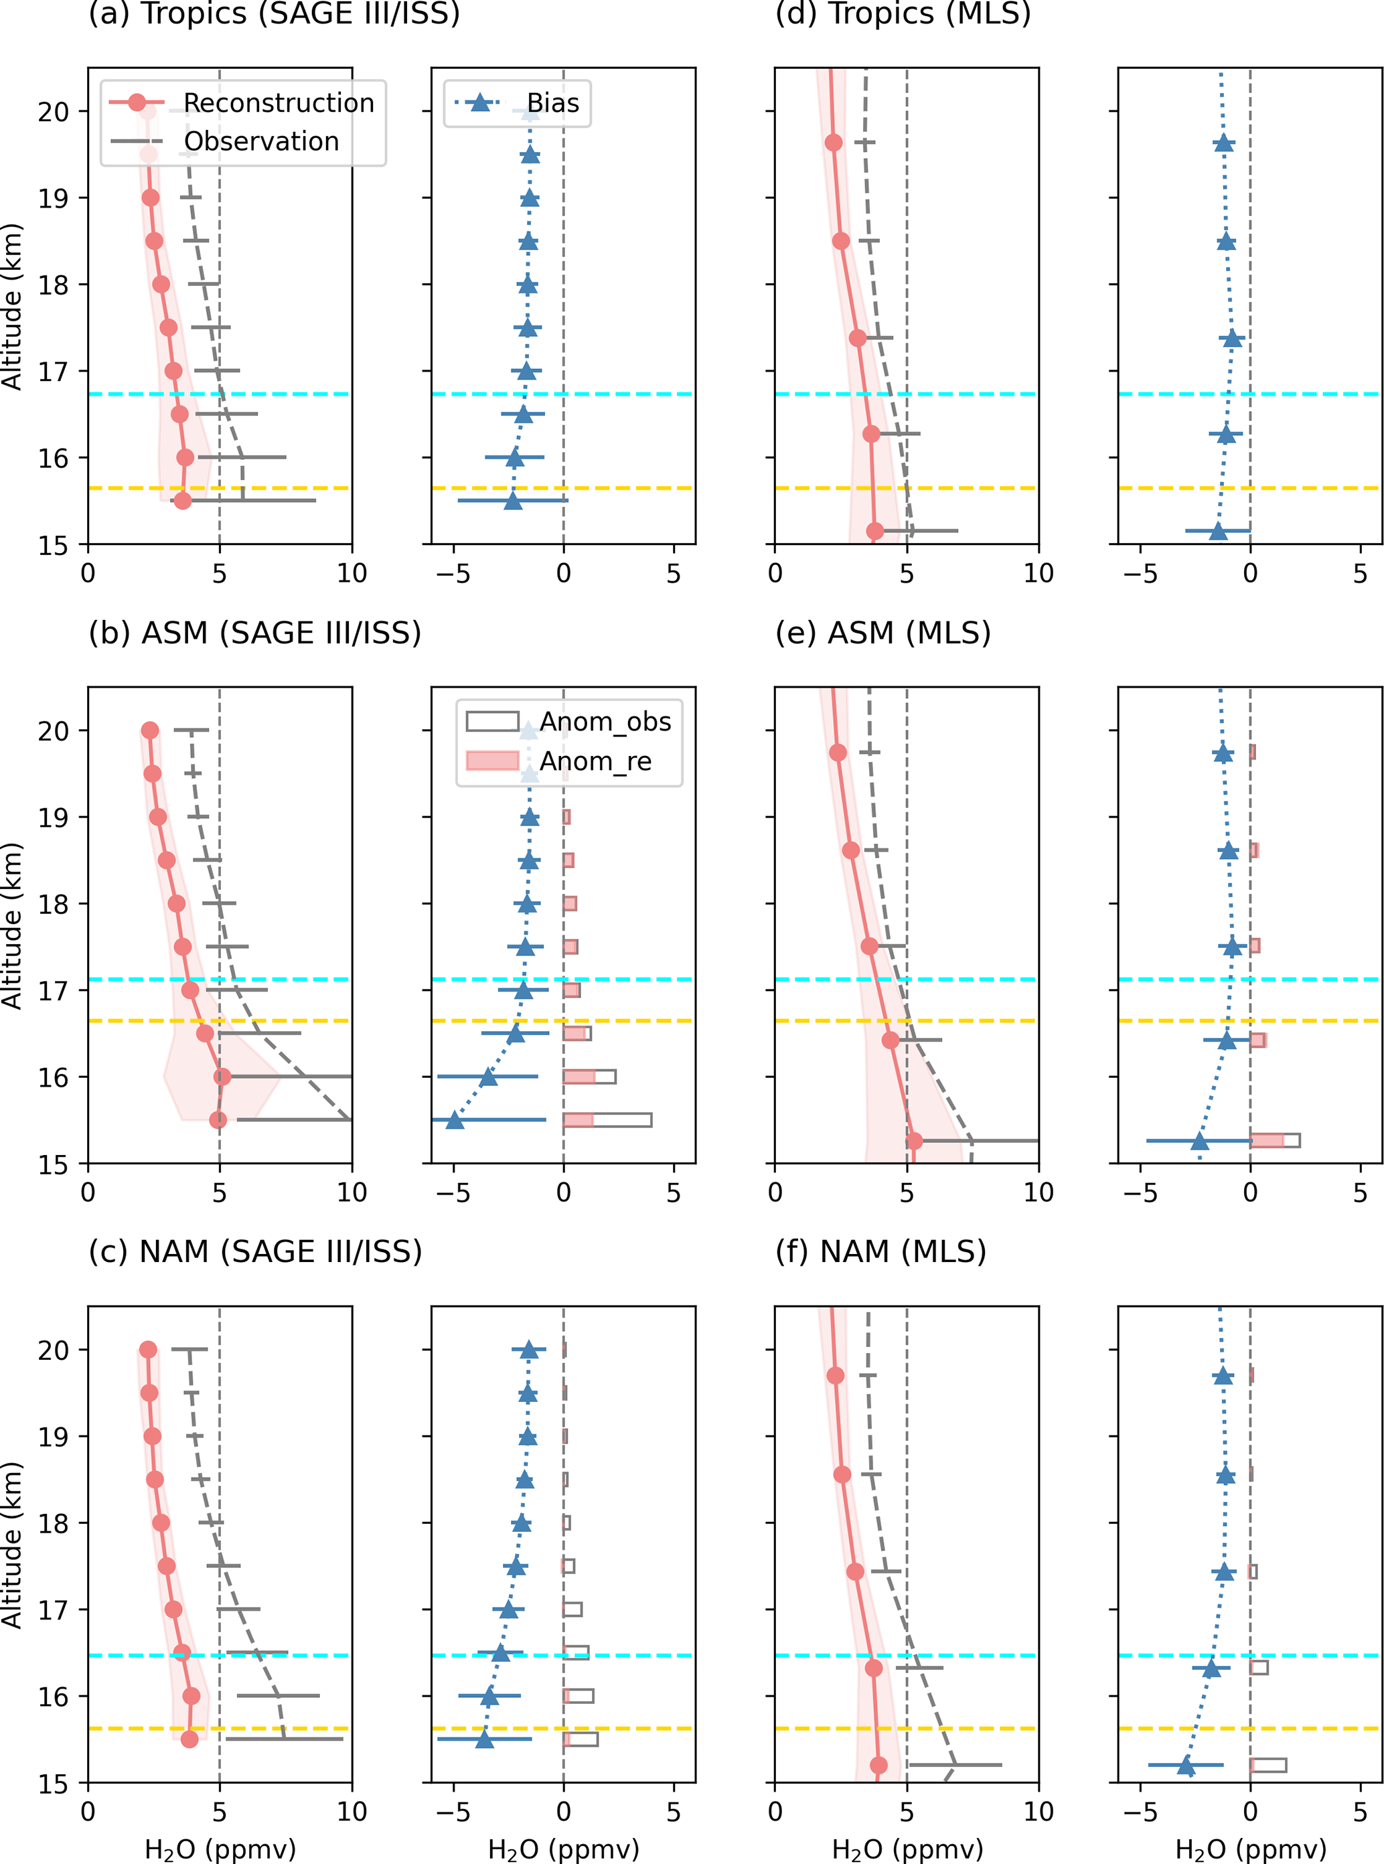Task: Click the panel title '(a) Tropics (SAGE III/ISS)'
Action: tap(274, 14)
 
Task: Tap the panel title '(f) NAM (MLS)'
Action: tap(880, 1251)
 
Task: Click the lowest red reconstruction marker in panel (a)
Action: tap(183, 501)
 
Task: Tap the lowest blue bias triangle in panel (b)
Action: tap(455, 1120)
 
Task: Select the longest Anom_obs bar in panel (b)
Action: tap(607, 1120)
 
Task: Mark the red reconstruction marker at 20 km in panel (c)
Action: tap(148, 1350)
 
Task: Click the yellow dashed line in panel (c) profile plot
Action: tap(220, 1728)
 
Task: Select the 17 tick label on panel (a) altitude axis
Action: tap(54, 371)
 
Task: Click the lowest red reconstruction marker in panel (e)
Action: tap(914, 1141)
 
